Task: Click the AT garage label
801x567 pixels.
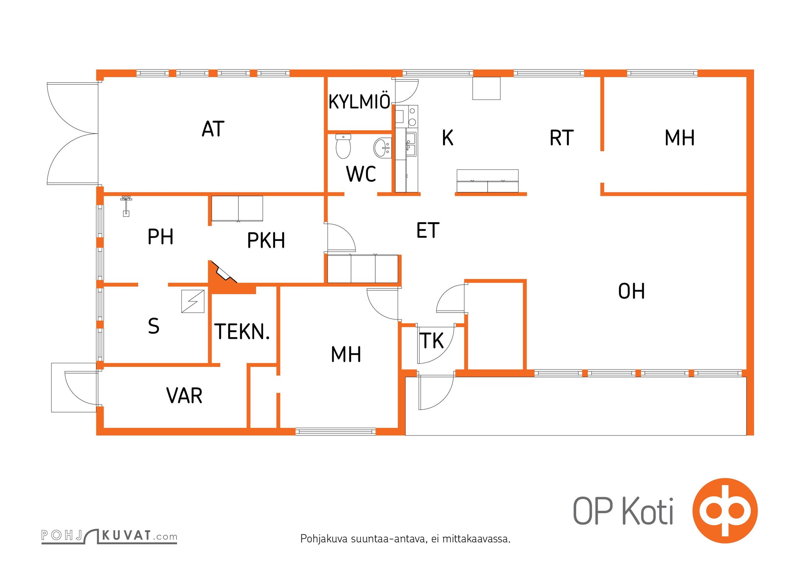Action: pos(213,129)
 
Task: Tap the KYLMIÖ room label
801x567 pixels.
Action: pos(359,101)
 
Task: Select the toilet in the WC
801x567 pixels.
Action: pos(343,146)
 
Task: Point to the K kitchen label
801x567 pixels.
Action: pos(448,137)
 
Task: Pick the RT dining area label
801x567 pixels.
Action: pos(562,138)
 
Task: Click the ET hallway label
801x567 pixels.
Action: pos(428,230)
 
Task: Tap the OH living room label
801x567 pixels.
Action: pos(631,291)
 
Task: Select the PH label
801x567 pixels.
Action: pos(160,237)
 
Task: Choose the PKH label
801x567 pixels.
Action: pos(266,240)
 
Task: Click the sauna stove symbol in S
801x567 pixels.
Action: pos(193,301)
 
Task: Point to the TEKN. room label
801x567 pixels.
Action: pos(242,332)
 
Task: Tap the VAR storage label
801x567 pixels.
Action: pos(184,395)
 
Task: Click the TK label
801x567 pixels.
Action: pos(431,341)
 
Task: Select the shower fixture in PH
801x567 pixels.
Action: pos(126,206)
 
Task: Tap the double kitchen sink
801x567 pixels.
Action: pos(411,144)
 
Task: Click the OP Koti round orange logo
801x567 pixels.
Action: pos(725,511)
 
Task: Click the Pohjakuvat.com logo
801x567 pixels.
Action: pos(109,536)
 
